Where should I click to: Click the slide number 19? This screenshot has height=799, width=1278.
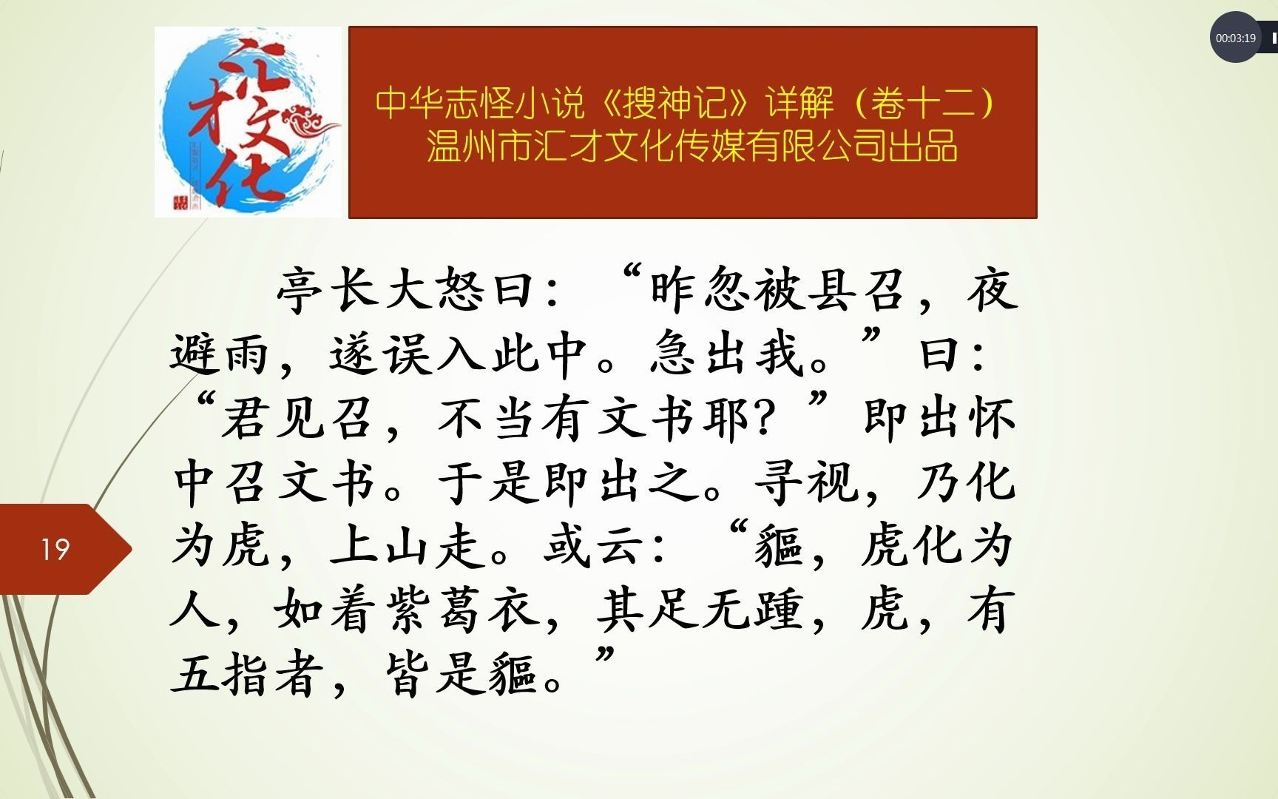pyautogui.click(x=55, y=549)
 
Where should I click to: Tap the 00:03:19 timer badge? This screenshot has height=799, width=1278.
pyautogui.click(x=1235, y=38)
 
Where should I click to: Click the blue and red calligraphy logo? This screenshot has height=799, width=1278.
pyautogui.click(x=248, y=122)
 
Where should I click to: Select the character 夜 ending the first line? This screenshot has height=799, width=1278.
pyautogui.click(x=992, y=290)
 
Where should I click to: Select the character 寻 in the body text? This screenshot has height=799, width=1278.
pyautogui.click(x=780, y=482)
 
